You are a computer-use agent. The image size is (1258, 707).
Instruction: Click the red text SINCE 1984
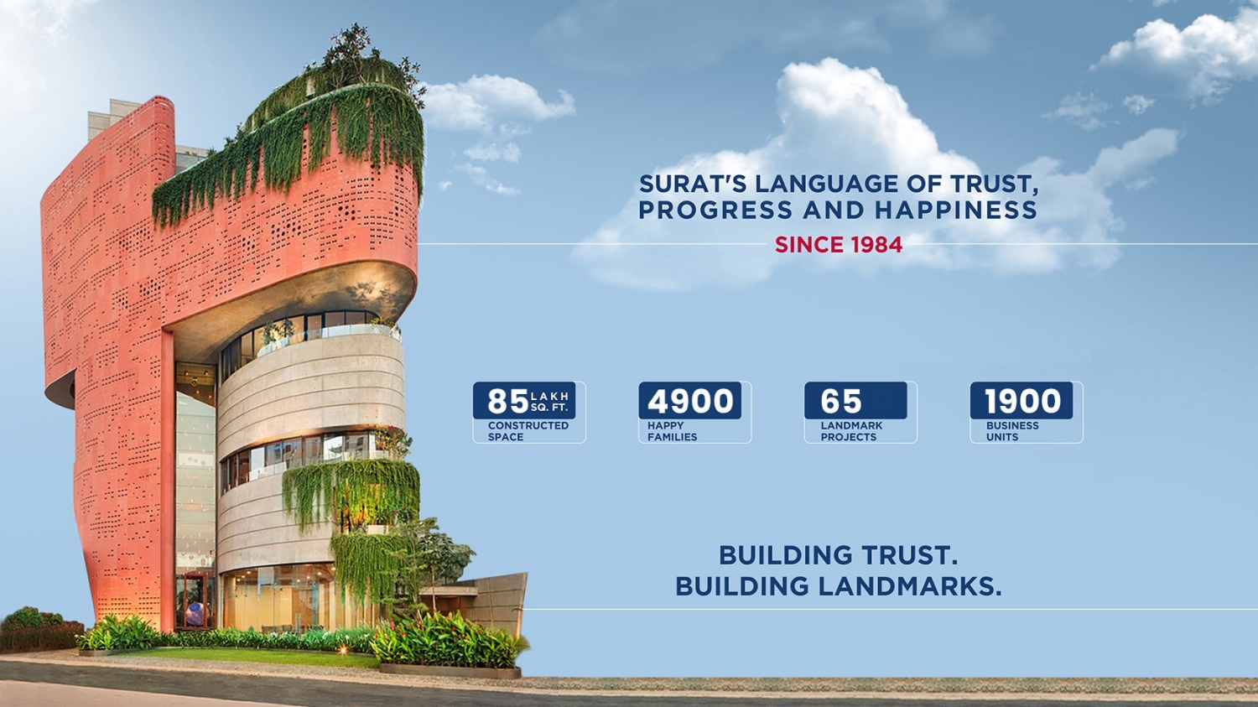(x=839, y=245)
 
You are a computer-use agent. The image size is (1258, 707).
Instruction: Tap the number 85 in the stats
(x=507, y=401)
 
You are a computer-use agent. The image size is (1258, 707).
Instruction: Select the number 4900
(x=690, y=401)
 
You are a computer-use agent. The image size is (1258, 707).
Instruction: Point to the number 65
(x=840, y=401)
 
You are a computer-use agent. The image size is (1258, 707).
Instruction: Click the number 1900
(x=1022, y=401)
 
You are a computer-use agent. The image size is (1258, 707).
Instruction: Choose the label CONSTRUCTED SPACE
(x=528, y=431)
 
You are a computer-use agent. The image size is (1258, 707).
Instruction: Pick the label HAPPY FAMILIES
(x=673, y=431)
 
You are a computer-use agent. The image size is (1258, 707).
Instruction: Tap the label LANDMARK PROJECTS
(x=851, y=431)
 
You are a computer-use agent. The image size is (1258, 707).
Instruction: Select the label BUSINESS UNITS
(x=1012, y=431)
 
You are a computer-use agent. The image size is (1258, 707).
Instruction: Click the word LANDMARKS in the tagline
(x=910, y=585)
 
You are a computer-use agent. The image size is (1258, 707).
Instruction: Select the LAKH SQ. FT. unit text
(x=549, y=402)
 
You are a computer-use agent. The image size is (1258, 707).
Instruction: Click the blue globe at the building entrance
(x=195, y=614)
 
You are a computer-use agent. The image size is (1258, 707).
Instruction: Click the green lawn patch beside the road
(x=252, y=657)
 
